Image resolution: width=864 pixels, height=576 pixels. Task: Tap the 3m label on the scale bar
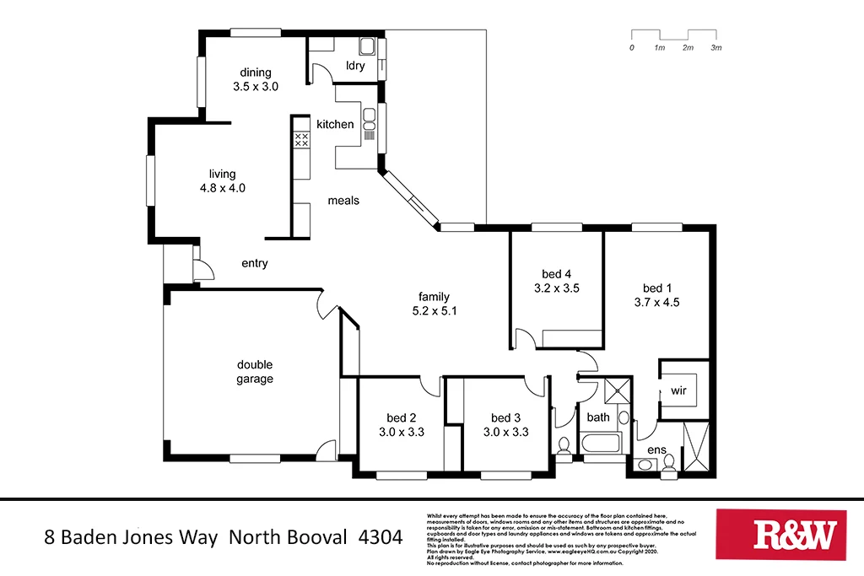point(716,48)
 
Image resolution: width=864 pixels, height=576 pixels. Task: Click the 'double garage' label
point(254,372)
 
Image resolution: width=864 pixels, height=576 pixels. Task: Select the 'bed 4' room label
point(557,273)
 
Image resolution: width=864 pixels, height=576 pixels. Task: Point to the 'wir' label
point(678,391)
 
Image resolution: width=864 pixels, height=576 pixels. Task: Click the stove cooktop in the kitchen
point(301,140)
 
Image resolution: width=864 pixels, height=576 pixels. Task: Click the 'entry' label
point(254,263)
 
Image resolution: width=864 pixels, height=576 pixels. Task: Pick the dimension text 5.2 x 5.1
point(434,310)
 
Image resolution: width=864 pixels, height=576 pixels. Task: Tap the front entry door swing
point(203,270)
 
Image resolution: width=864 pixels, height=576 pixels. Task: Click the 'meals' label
point(343,201)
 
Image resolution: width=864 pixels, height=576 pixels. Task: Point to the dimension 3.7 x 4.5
point(657,302)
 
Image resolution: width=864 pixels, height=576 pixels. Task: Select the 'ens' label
point(657,450)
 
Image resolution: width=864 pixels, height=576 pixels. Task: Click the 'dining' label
point(255,72)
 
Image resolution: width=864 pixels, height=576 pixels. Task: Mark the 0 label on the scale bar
point(631,48)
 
